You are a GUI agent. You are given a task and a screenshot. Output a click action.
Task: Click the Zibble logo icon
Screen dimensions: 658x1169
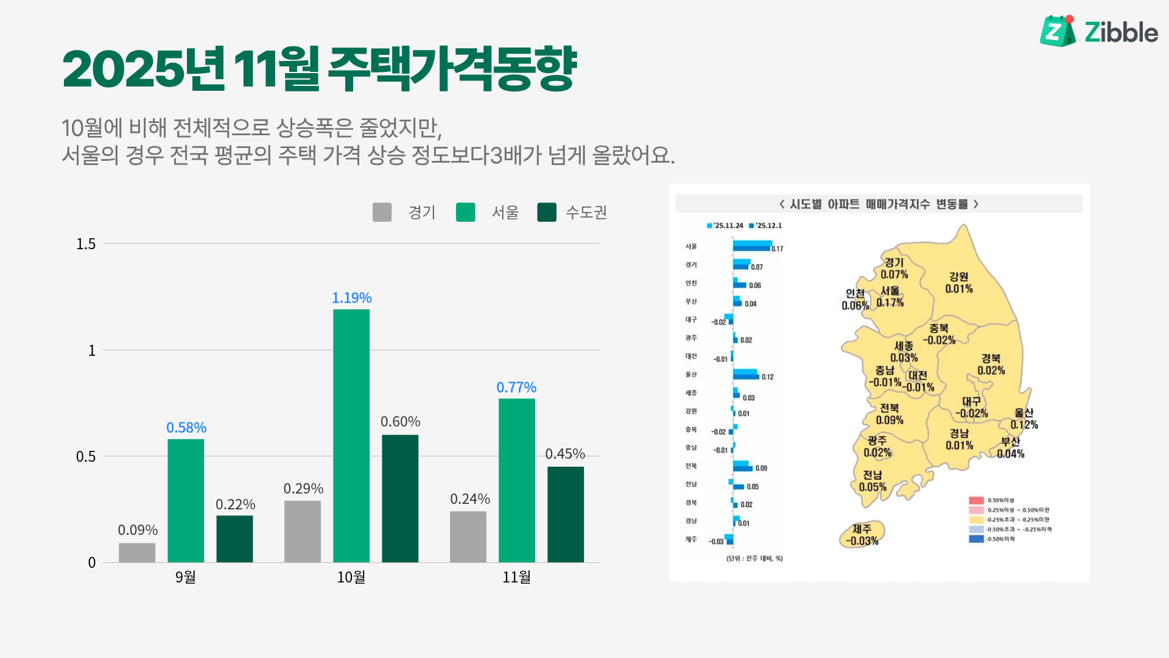1058,31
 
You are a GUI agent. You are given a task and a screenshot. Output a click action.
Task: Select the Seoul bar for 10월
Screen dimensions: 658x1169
351,436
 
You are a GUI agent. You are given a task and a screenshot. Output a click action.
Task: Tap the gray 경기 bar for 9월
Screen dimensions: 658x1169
137,552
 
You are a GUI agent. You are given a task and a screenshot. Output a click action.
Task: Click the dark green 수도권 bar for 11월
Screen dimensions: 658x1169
565,514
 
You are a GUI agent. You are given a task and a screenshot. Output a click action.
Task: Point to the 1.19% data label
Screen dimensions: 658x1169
351,298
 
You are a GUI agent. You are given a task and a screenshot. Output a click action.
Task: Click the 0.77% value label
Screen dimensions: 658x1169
516,387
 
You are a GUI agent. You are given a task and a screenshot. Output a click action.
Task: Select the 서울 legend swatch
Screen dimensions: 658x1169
465,212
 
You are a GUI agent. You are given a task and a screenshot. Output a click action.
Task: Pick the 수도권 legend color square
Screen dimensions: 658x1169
547,212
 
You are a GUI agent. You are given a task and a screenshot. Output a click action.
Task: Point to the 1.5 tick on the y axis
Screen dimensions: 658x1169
86,244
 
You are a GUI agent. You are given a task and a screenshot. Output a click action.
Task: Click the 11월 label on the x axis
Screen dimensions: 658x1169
516,577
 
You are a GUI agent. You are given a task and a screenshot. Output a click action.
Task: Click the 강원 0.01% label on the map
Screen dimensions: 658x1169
959,283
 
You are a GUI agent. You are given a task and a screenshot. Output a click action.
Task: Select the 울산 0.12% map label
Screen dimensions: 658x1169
1024,419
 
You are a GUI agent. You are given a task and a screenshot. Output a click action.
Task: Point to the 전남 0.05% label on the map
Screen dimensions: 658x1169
872,481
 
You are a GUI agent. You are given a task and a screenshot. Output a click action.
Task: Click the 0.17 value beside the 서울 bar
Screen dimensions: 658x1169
778,249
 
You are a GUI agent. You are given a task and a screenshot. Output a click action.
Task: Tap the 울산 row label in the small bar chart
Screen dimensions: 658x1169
691,375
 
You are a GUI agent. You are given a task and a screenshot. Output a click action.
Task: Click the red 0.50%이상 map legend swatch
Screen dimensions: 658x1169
976,500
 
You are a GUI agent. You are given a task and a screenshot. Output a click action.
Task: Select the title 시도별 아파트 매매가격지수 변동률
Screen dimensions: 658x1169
879,204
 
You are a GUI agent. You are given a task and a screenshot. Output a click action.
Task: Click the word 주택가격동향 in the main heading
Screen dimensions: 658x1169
452,68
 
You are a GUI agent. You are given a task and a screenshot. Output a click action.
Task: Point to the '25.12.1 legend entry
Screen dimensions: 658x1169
765,225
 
